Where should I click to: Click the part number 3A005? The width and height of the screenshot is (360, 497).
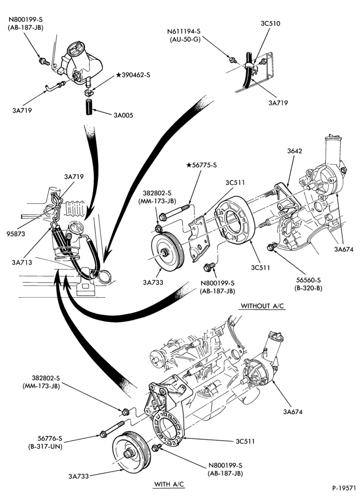pos(123,115)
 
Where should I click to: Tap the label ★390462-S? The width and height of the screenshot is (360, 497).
pos(133,75)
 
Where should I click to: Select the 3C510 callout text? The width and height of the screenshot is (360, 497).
pos(270,23)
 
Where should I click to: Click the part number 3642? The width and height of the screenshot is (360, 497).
pos(295,151)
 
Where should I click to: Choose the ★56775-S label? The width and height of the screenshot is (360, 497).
pos(201,165)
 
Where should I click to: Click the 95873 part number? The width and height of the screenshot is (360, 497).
pos(16,234)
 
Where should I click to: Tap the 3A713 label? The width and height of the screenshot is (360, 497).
pos(22,262)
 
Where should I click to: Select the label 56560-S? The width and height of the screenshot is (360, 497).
pos(309,280)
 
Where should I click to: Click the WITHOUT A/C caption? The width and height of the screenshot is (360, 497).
pos(263,306)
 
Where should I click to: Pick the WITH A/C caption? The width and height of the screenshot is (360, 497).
pos(169,485)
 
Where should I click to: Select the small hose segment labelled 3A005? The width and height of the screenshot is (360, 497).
pos(89,108)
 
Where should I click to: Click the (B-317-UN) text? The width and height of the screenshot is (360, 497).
pos(45,447)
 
